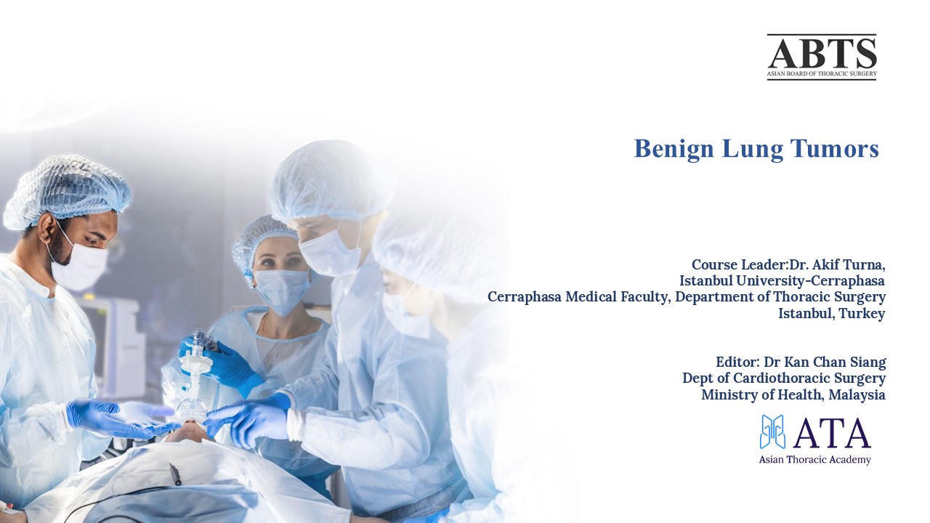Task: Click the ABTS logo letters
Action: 822,52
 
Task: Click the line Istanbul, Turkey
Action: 831,314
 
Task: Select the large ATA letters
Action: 831,434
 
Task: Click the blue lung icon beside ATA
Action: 772,432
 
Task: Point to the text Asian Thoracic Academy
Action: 814,460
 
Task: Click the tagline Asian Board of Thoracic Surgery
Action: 822,74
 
